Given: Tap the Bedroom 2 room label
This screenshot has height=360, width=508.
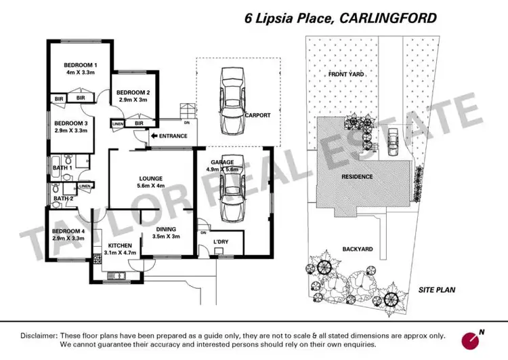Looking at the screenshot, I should (133, 92).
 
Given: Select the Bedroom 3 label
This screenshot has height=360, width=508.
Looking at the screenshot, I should (71, 123).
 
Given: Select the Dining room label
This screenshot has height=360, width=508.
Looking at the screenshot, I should (166, 229).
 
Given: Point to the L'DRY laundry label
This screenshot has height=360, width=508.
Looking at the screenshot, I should (221, 242).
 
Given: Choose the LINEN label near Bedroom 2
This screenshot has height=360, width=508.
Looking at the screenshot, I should (118, 124).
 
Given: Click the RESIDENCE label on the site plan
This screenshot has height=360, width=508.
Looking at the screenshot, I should (357, 176).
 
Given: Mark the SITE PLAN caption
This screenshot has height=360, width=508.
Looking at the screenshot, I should (436, 289).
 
